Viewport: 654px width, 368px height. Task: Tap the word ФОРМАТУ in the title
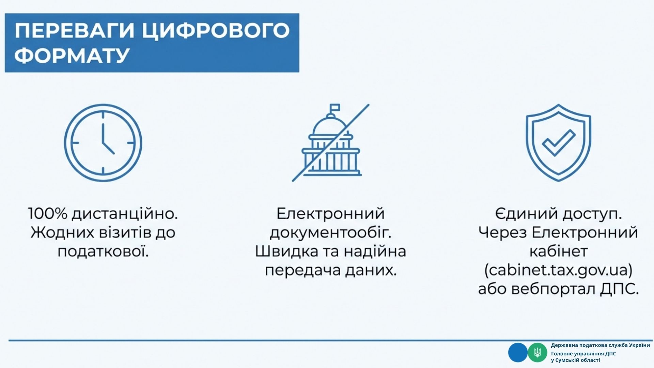(72, 55)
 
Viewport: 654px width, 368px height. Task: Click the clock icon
(103, 143)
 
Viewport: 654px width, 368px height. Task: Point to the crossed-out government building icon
(331, 142)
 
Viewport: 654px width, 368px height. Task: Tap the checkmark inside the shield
(559, 142)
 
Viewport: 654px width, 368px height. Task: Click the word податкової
(103, 251)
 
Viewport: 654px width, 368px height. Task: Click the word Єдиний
(526, 214)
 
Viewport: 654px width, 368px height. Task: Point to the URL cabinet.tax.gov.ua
(558, 270)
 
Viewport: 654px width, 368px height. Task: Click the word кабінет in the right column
(559, 251)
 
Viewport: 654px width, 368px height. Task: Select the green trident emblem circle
(538, 352)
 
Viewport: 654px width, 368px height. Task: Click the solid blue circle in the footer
(518, 352)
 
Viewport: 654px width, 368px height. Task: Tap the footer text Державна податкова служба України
(601, 345)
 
